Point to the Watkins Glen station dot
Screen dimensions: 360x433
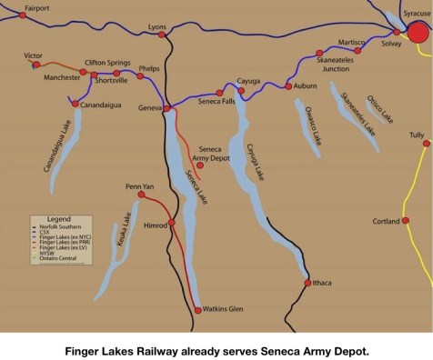click(x=197, y=311)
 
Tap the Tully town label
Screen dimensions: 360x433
click(x=416, y=135)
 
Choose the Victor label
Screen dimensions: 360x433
click(x=34, y=56)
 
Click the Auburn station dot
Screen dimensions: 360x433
click(x=287, y=86)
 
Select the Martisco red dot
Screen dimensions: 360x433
click(x=357, y=52)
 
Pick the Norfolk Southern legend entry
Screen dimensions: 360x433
click(x=67, y=226)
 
